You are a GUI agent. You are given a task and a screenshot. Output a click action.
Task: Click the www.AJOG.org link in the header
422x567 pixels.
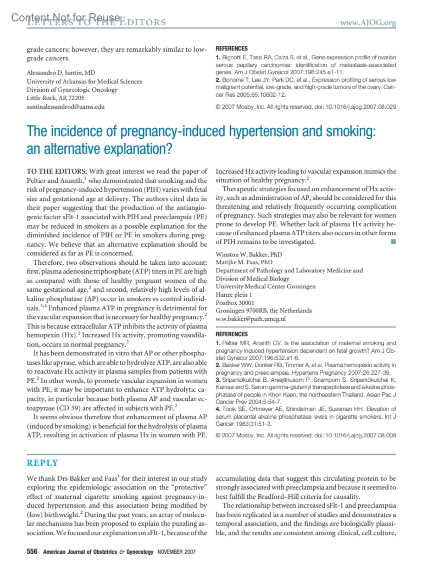coord(368,23)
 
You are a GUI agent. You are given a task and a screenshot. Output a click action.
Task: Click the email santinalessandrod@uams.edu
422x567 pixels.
coord(66,107)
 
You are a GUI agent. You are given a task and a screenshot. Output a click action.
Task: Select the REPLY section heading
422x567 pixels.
coord(42,463)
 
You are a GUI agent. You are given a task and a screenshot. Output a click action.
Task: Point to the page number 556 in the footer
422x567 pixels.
coord(32,551)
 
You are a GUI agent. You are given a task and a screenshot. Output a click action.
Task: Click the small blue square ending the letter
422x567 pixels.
coord(394,241)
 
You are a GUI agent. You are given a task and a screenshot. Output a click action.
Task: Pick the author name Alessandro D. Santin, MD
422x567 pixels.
coord(61,73)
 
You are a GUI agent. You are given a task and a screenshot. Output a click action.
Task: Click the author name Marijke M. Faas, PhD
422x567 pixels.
coord(244,262)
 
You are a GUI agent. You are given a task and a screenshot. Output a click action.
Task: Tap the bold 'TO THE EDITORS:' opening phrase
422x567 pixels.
coord(57,172)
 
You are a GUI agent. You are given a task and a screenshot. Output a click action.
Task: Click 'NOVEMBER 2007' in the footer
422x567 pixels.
coord(176,552)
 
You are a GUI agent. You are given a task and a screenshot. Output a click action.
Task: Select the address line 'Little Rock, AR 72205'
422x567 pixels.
coord(56,98)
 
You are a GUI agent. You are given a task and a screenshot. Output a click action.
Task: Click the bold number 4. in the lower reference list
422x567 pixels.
coord(218,409)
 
